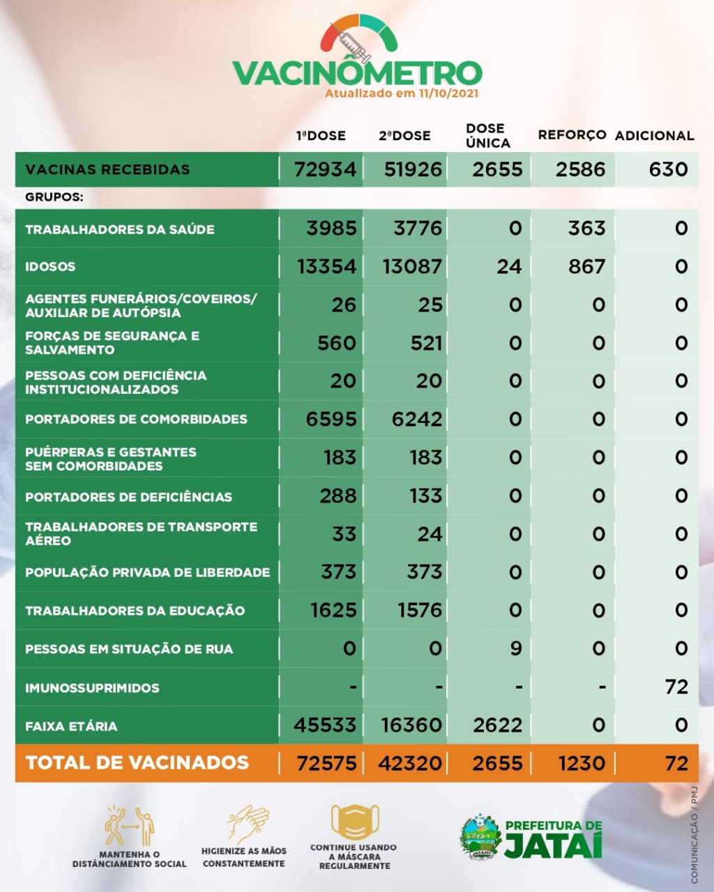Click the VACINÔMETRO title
pyautogui.click(x=356, y=72)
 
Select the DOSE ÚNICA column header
pyautogui.click(x=488, y=136)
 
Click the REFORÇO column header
pyautogui.click(x=572, y=135)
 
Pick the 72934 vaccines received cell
pyautogui.click(x=325, y=169)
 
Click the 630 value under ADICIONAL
pyautogui.click(x=667, y=169)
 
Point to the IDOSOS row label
pyautogui.click(x=50, y=267)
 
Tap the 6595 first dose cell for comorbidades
pyautogui.click(x=331, y=420)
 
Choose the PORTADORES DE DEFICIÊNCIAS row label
pyautogui.click(x=128, y=497)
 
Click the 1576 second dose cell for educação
pyautogui.click(x=419, y=610)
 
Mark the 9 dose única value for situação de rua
pyautogui.click(x=515, y=649)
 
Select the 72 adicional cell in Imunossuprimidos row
pyautogui.click(x=676, y=687)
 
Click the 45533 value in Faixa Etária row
pyautogui.click(x=325, y=725)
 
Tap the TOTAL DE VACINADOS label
pyautogui.click(x=137, y=763)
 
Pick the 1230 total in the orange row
pyautogui.click(x=582, y=764)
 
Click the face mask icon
pyautogui.click(x=354, y=822)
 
